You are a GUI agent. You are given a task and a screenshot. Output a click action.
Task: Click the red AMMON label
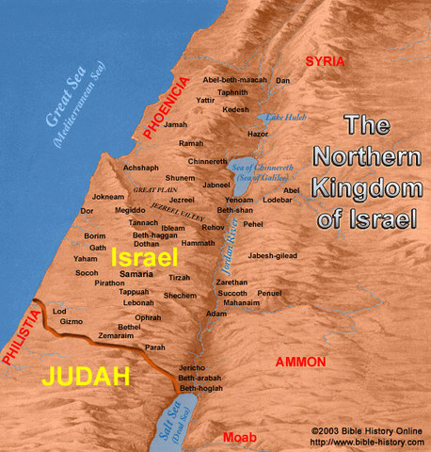tap(300, 362)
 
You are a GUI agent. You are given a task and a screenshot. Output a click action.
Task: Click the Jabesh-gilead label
tap(274, 255)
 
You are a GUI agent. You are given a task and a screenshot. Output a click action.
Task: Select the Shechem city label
tap(179, 296)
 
